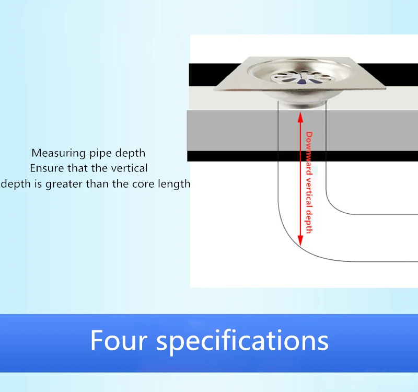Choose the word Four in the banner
coord(119,340)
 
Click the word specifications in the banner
coord(242,341)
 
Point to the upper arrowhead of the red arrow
coord(300,117)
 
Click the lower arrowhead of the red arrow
coord(300,240)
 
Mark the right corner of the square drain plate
coord(386,87)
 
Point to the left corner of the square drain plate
coord(214,90)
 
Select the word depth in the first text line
coord(130,154)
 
